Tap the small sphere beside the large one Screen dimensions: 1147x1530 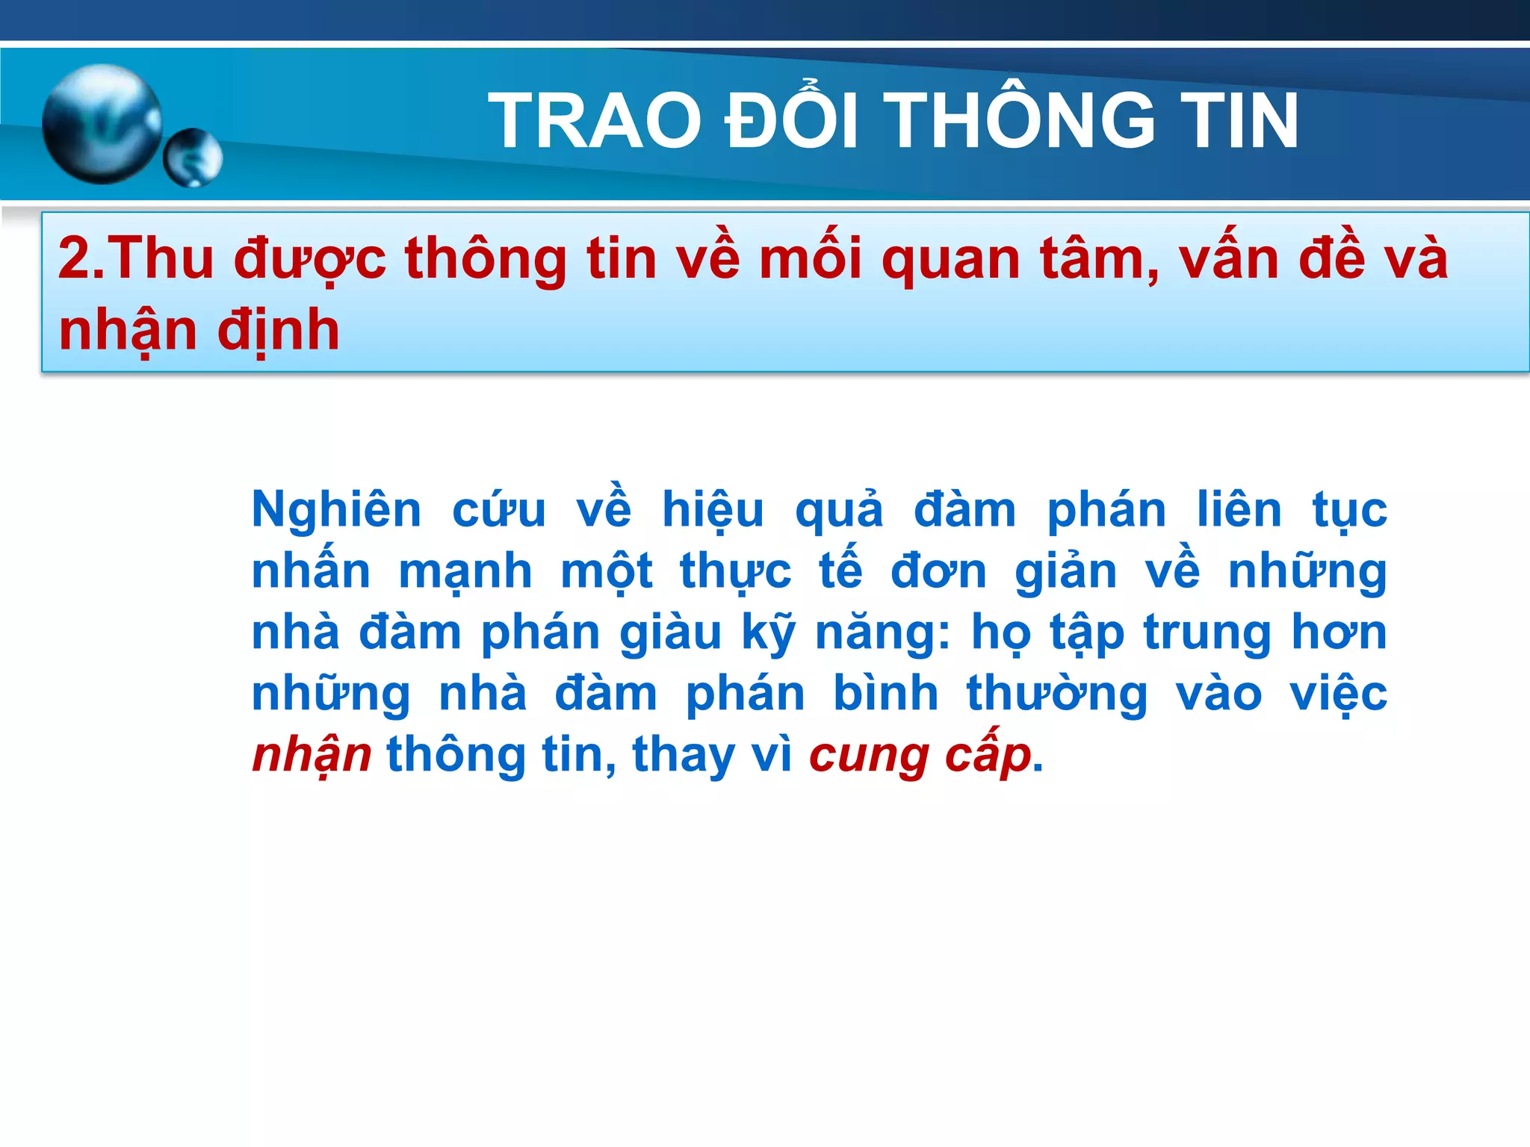pyautogui.click(x=193, y=158)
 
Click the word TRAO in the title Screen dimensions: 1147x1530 pyautogui.click(x=595, y=121)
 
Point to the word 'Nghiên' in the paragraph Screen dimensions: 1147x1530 pyautogui.click(x=337, y=511)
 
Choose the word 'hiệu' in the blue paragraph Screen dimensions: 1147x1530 pyautogui.click(x=713, y=511)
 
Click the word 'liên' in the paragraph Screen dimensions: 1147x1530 pyautogui.click(x=1239, y=509)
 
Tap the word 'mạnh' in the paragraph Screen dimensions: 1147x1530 pyautogui.click(x=465, y=573)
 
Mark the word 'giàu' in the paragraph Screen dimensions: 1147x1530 pyautogui.click(x=670, y=634)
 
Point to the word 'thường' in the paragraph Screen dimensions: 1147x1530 pyautogui.click(x=1057, y=694)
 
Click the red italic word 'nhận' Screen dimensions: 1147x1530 pyautogui.click(x=312, y=756)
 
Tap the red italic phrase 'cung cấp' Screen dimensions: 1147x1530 pyautogui.click(x=920, y=756)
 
